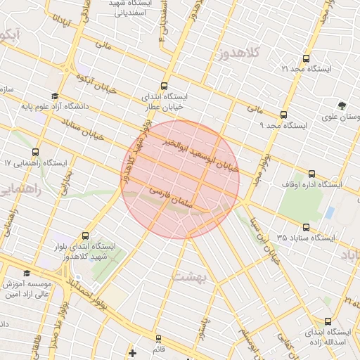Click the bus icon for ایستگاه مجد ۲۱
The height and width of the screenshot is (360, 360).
[304, 59]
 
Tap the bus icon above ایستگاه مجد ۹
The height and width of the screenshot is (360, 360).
[283, 115]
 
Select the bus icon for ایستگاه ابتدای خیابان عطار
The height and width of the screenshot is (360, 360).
[165, 85]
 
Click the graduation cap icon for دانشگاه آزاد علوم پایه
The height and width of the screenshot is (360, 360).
[55, 96]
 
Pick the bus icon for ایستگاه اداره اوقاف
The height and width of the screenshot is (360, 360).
[312, 174]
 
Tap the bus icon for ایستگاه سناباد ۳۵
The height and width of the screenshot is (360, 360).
[305, 227]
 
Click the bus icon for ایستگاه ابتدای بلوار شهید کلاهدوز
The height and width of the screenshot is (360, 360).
[86, 236]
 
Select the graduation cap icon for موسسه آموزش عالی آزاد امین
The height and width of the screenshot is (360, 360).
[27, 274]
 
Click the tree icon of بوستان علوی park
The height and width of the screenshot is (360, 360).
[342, 105]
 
